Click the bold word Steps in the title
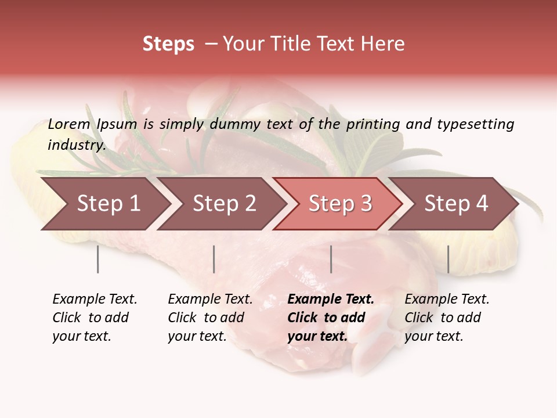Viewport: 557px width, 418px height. pos(168,44)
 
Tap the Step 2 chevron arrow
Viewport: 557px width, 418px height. pos(224,204)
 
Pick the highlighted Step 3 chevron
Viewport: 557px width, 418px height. pos(340,204)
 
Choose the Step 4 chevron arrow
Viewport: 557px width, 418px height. pos(456,204)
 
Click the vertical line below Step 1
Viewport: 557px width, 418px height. pos(98,259)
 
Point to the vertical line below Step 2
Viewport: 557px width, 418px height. pos(214,259)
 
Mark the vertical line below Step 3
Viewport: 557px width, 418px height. pos(331,259)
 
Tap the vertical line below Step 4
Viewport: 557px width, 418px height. pos(449,259)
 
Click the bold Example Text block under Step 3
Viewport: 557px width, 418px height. pos(331,318)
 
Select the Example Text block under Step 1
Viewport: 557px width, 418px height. pos(95,318)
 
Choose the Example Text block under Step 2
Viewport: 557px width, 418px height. pos(210,318)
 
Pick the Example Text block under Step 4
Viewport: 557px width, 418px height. pos(447,318)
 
